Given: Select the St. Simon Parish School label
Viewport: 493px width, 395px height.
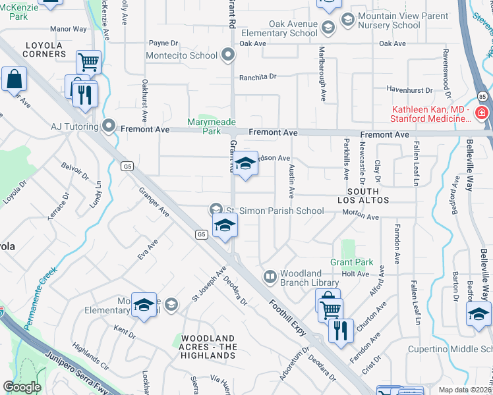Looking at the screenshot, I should pyautogui.click(x=275, y=211).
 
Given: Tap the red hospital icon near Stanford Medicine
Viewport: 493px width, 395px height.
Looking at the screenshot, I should pyautogui.click(x=482, y=113).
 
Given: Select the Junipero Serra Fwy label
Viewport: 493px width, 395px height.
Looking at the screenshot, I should pyautogui.click(x=65, y=365).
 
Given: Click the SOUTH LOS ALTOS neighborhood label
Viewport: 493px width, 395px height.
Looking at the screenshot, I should pyautogui.click(x=368, y=196).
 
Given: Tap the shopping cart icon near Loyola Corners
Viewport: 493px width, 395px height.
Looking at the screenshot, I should pyautogui.click(x=88, y=63).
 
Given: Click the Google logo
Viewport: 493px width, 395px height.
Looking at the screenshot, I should pyautogui.click(x=22, y=386).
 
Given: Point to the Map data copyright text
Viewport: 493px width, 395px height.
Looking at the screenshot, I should pyautogui.click(x=465, y=390).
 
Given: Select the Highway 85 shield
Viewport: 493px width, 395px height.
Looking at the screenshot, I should pyautogui.click(x=482, y=97).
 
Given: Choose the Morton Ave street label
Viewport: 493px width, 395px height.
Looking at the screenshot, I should pyautogui.click(x=361, y=217).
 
